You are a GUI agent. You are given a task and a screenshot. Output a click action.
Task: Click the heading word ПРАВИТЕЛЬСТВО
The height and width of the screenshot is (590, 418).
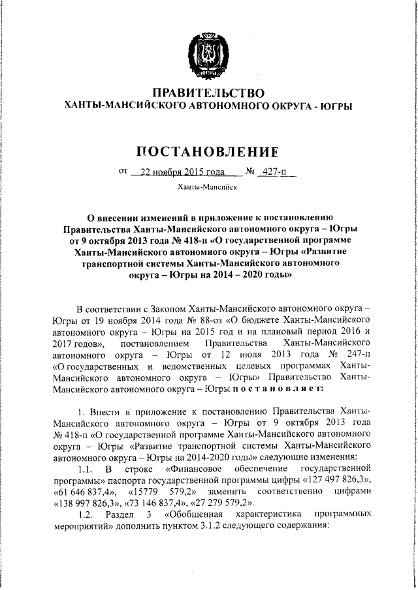(x=208, y=93)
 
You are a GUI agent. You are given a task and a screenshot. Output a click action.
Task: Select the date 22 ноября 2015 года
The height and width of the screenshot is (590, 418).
(x=176, y=173)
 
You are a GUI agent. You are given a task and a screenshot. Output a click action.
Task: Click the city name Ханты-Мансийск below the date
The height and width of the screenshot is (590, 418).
(x=208, y=188)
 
